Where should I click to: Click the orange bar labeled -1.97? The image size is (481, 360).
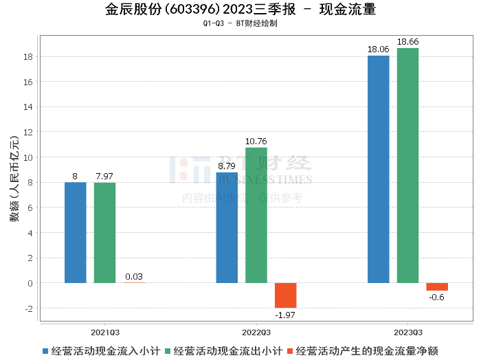point(286,295)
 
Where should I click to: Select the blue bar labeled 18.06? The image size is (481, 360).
point(379,169)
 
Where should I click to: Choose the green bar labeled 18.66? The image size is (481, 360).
point(407,166)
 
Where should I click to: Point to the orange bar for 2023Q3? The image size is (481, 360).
point(437,286)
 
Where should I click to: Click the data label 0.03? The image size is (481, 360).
point(134,277)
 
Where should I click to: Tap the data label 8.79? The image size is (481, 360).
point(227,166)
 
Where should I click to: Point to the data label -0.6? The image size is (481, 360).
point(436,297)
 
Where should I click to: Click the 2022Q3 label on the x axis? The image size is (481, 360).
point(256,330)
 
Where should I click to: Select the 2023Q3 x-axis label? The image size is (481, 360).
point(407,330)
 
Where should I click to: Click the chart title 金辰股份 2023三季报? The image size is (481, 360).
point(240,10)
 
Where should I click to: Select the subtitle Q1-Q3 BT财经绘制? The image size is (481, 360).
point(240,23)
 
